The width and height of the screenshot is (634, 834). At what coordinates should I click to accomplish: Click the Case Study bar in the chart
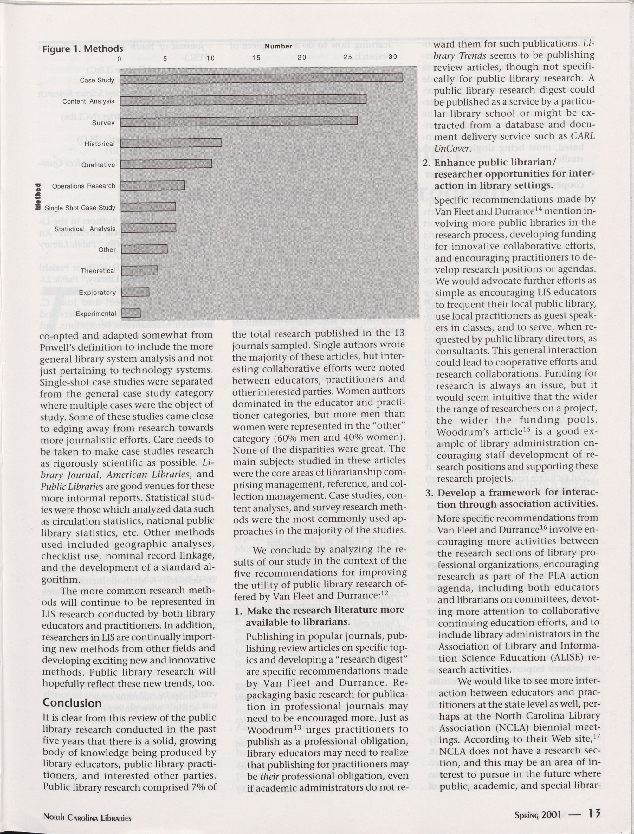(x=262, y=77)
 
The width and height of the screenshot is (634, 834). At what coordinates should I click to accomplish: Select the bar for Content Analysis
(x=243, y=99)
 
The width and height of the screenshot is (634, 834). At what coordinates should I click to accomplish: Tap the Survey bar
(x=239, y=120)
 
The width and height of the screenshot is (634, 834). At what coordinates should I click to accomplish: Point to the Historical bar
(x=171, y=142)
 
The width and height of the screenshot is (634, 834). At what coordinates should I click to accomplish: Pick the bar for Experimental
(x=131, y=313)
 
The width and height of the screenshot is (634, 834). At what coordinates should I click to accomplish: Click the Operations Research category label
(x=83, y=186)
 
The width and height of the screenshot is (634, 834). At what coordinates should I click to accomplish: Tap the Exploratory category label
(x=97, y=293)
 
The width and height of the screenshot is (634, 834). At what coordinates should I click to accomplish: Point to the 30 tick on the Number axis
(x=392, y=57)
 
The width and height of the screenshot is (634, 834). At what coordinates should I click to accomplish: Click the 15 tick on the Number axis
(x=256, y=58)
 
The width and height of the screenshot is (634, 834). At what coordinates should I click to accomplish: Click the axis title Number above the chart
(x=279, y=46)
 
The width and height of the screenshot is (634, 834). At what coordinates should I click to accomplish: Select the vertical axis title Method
(x=38, y=196)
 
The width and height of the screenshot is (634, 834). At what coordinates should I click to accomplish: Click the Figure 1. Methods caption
(x=82, y=49)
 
